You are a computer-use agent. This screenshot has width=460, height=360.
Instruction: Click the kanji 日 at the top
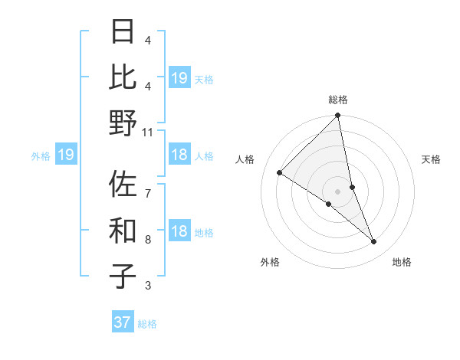(x=124, y=33)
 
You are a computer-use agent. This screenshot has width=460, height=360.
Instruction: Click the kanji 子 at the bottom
(x=124, y=276)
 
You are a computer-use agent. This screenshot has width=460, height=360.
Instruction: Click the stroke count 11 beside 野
(x=148, y=133)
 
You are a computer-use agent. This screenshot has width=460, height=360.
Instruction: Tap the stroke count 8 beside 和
(x=148, y=239)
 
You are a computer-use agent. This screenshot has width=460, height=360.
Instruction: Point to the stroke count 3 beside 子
(x=148, y=286)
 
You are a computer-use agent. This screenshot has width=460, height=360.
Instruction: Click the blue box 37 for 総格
(x=123, y=322)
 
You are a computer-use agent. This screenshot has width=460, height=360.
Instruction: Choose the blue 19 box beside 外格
(x=66, y=155)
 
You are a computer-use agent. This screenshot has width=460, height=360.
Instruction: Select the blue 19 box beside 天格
(x=179, y=78)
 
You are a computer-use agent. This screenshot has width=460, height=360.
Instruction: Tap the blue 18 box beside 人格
(x=179, y=155)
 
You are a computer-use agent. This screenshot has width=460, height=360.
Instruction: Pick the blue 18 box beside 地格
(x=179, y=232)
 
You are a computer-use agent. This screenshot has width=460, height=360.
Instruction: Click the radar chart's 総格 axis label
(x=338, y=100)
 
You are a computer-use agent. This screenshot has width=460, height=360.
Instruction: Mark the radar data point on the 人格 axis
(x=280, y=173)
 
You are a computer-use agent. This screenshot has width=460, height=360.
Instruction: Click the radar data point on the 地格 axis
(x=374, y=242)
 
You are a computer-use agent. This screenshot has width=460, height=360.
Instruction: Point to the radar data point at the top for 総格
(x=338, y=116)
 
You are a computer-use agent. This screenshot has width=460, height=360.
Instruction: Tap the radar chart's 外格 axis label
(x=270, y=263)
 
